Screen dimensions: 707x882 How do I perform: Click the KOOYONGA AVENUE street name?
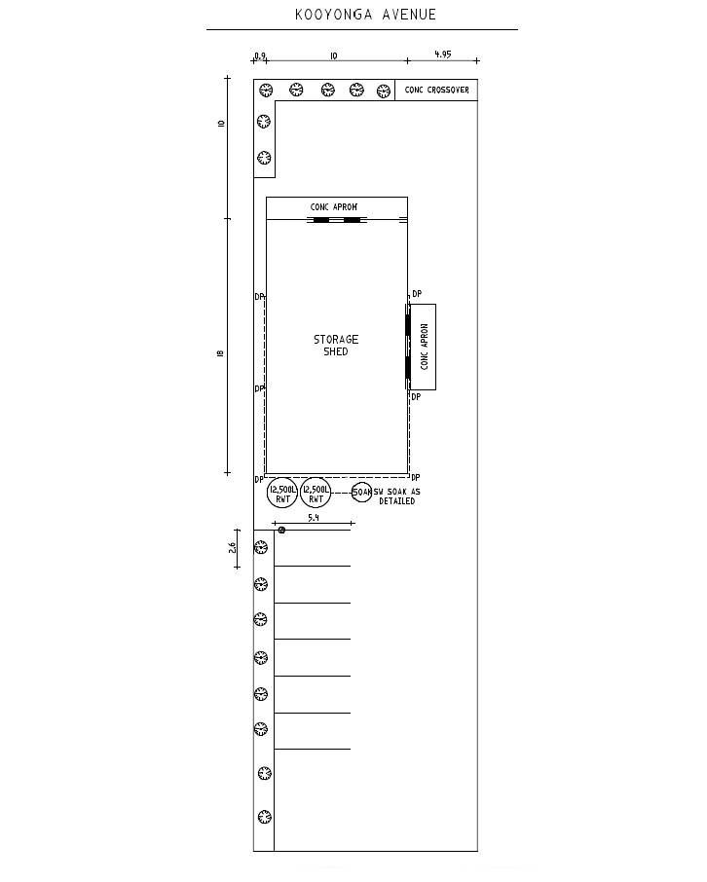click(365, 15)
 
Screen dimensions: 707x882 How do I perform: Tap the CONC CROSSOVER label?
click(437, 90)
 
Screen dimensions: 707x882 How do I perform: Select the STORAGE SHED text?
click(336, 346)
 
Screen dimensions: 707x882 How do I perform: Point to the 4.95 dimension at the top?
click(443, 55)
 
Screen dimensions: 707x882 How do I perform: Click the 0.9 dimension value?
click(259, 55)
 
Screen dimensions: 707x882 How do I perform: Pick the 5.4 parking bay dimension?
click(314, 518)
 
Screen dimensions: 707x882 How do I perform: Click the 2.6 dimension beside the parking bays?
click(232, 548)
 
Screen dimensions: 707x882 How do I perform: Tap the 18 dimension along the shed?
click(220, 353)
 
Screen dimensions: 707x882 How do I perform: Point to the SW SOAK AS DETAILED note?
click(397, 496)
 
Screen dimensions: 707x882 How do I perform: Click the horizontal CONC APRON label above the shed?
click(334, 207)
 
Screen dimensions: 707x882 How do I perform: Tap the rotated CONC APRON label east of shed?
click(425, 347)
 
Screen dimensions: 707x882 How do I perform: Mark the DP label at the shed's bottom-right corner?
click(416, 478)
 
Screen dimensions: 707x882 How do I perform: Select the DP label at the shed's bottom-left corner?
click(259, 480)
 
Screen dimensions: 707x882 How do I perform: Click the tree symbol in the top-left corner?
click(266, 90)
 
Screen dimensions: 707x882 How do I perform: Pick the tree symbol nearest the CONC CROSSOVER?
click(384, 91)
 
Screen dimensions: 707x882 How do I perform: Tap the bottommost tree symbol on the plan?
click(265, 817)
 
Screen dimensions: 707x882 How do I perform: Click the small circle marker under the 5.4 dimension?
click(281, 530)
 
